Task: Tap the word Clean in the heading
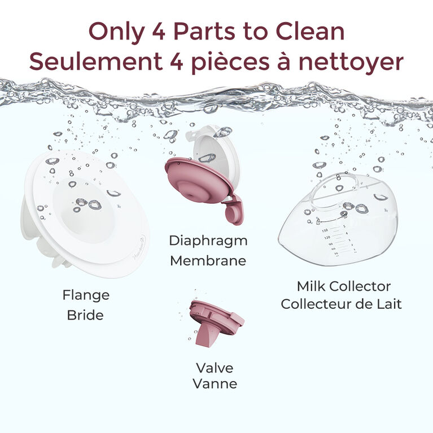[x=313, y=31]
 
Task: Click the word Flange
[x=85, y=295]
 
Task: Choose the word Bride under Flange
[x=85, y=315]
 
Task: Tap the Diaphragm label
[x=208, y=240]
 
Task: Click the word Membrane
[x=208, y=261]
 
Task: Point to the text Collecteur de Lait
[x=342, y=304]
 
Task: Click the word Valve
[x=215, y=368]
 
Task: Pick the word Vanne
[x=215, y=384]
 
